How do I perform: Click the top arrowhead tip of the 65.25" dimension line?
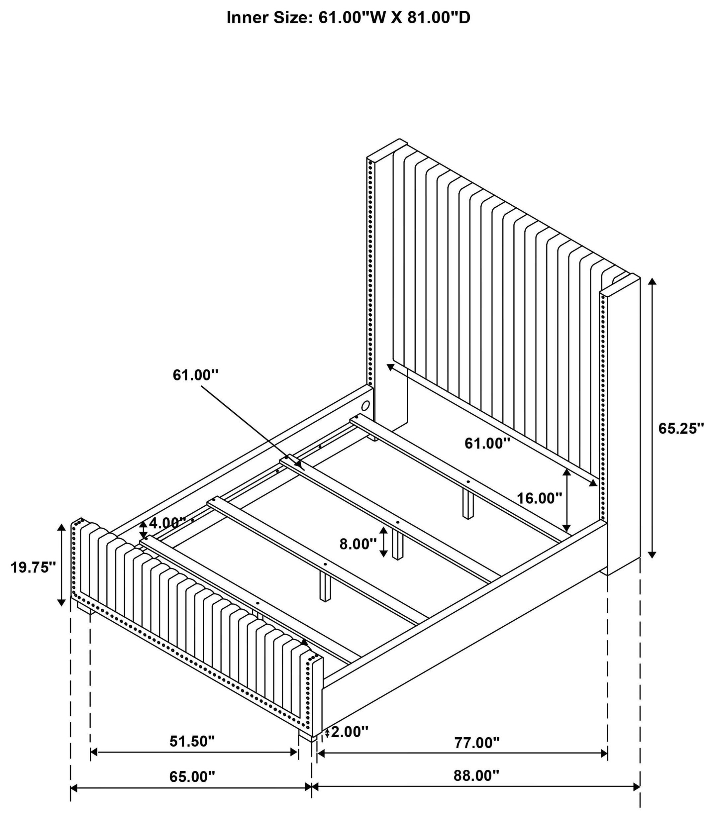pyautogui.click(x=652, y=278)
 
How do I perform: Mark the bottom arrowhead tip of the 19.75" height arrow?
pyautogui.click(x=61, y=606)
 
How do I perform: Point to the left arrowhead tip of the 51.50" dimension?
pyautogui.click(x=91, y=753)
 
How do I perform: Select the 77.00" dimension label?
pyautogui.click(x=477, y=743)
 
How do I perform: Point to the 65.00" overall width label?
pyautogui.click(x=192, y=776)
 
